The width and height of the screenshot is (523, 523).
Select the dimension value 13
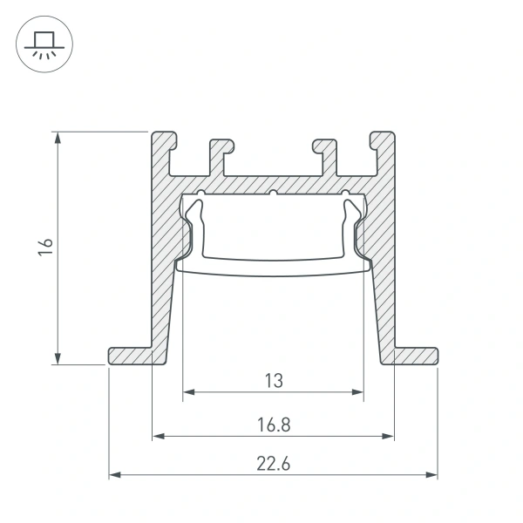point(273,380)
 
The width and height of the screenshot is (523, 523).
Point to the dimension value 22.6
point(273,465)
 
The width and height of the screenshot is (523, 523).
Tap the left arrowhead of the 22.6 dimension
point(114,476)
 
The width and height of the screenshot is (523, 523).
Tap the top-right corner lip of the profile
point(382,142)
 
